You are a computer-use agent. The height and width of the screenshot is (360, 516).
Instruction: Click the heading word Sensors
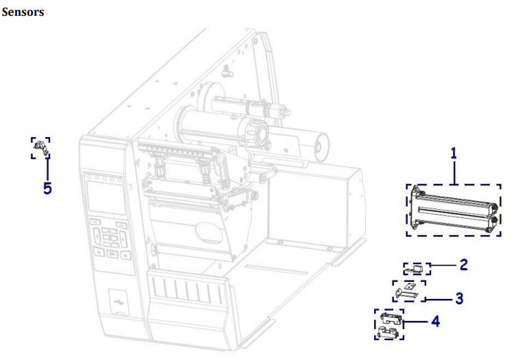click(x=23, y=12)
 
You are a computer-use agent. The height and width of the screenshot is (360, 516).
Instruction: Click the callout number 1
click(x=454, y=154)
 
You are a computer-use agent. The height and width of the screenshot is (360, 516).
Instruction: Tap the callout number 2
click(x=464, y=265)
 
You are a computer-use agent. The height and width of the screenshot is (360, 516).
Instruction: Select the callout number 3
click(x=459, y=298)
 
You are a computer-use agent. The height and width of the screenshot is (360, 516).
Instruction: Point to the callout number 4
click(x=435, y=321)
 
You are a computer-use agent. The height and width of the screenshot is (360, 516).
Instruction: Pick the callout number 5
click(x=47, y=189)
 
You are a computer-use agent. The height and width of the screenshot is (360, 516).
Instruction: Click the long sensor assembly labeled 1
click(x=454, y=210)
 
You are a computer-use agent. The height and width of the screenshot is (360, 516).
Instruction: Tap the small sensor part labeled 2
click(x=415, y=269)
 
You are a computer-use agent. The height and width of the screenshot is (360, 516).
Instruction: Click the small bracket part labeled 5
click(x=41, y=148)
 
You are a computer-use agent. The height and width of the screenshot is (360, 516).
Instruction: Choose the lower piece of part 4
click(x=389, y=332)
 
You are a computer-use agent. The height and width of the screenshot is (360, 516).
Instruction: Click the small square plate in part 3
click(x=409, y=286)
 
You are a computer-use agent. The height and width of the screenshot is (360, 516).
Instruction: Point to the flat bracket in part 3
click(x=407, y=293)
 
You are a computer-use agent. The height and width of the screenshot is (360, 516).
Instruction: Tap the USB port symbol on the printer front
click(x=118, y=301)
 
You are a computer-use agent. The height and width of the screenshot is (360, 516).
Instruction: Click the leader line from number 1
click(x=454, y=172)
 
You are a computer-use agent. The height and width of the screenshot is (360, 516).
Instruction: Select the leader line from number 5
click(x=48, y=169)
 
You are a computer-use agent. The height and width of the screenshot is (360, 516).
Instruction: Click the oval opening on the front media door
click(x=208, y=232)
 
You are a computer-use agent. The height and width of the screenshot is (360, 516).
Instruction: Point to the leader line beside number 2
click(x=443, y=265)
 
